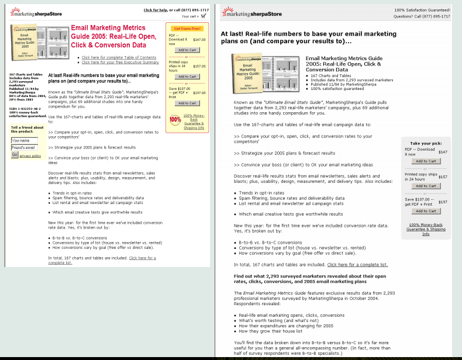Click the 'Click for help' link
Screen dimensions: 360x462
[x=156, y=10]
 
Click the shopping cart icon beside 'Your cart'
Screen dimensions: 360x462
[x=204, y=16]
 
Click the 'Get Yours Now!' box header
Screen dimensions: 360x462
[x=186, y=28]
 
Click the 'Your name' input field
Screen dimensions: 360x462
[x=25, y=140]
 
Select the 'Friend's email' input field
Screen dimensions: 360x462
[x=25, y=148]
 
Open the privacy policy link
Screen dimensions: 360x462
[x=30, y=156]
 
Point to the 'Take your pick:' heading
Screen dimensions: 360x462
[x=425, y=144]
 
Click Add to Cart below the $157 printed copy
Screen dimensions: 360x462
[x=425, y=186]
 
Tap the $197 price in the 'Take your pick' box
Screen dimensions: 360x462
[x=443, y=201]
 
